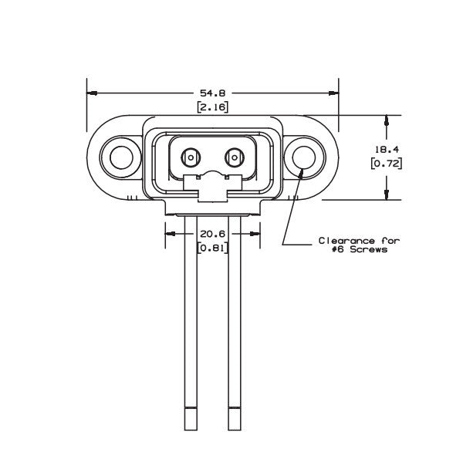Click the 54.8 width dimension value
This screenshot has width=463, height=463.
212,92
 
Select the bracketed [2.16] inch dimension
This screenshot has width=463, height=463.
212,106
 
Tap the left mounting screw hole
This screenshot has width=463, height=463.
121,158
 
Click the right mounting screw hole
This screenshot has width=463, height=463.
302,158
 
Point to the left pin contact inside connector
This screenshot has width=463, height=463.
188,158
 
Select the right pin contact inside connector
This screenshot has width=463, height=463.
233,158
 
